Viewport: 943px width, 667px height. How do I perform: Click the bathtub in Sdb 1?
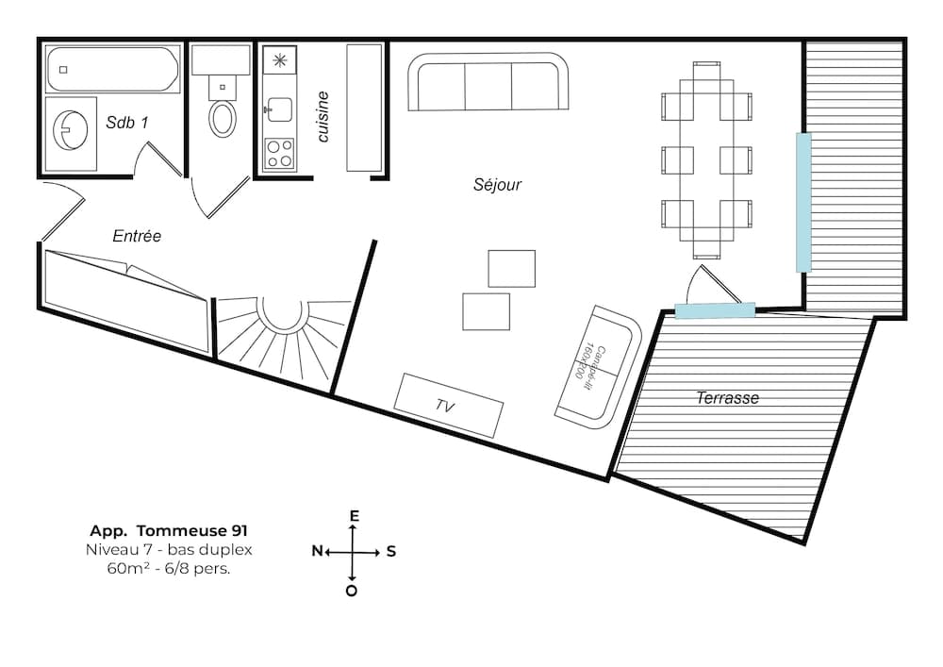coord(112,70)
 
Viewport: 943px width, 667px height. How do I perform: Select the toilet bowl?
coord(223,118)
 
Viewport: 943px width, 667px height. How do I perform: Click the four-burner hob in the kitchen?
coord(279,153)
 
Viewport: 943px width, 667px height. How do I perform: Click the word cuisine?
coord(323,117)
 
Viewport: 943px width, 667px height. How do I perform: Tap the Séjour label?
coord(497,185)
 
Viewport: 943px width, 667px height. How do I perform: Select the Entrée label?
coord(137,237)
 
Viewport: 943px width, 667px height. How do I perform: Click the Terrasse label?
coord(727,398)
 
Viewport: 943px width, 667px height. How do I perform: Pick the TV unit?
coord(448,406)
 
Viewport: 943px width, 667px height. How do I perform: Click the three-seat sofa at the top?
coord(488,83)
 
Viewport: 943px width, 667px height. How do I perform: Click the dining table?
coord(706,160)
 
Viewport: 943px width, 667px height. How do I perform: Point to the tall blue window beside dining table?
coord(803,202)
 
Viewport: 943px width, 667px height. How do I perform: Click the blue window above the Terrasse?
coord(715,310)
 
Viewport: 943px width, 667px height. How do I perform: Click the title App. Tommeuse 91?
coord(169,531)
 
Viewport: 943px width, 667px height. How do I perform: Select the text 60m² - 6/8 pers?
coord(169,569)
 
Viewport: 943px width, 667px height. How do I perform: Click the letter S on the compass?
coord(390,552)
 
